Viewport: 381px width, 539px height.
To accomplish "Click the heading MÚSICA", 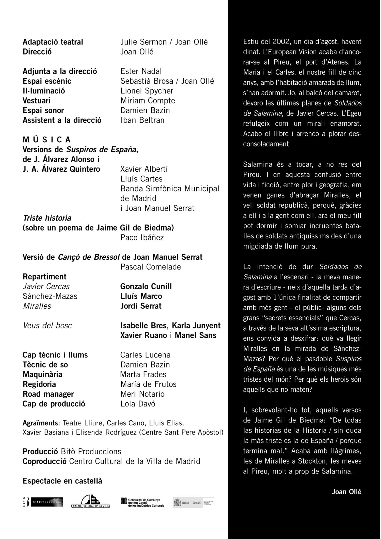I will pyautogui.click(x=47, y=139).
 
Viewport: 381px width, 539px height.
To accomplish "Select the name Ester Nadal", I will pyautogui.click(x=141, y=71).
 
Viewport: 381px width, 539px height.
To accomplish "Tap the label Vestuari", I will pyautogui.click(x=37, y=101).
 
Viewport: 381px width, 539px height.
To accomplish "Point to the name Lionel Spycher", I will pyautogui.click(x=147, y=91).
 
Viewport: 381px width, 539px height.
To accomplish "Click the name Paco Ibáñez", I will pyautogui.click(x=142, y=237).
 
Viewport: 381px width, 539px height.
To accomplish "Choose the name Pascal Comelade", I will pyautogui.click(x=151, y=267).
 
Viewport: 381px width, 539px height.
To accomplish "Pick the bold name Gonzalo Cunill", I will pyautogui.click(x=146, y=286).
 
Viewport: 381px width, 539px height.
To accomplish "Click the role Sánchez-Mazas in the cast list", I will pyautogui.click(x=50, y=296).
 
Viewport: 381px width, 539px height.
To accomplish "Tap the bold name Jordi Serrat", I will pyautogui.click(x=141, y=306).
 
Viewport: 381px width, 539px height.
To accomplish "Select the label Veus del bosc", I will pyautogui.click(x=47, y=326).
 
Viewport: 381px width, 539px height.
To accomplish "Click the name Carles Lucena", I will pyautogui.click(x=145, y=355).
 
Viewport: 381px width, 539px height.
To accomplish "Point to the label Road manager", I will pyautogui.click(x=48, y=394).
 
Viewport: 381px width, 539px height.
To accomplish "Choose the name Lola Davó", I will pyautogui.click(x=138, y=404).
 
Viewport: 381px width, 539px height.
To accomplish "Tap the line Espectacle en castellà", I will pyautogui.click(x=62, y=481).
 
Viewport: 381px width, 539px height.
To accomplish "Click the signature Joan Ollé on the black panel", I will pyautogui.click(x=347, y=492).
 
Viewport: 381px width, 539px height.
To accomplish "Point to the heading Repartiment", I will pyautogui.click(x=44, y=277).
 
